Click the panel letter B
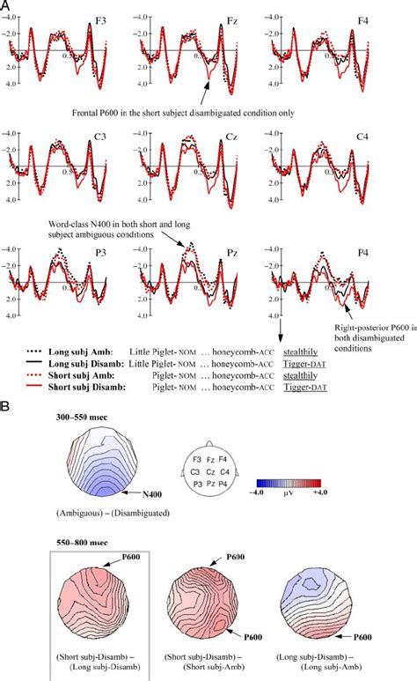pos(7,389)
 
